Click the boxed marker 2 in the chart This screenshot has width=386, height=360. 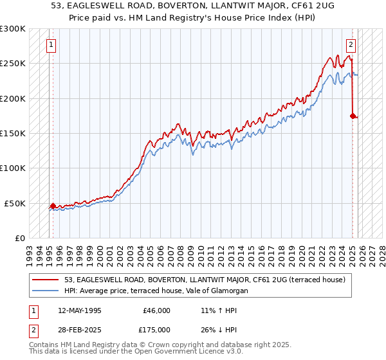351,45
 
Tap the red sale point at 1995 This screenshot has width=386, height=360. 53,206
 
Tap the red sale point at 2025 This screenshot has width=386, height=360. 353,116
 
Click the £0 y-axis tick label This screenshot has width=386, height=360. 19,238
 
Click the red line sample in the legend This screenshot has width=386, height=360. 45,280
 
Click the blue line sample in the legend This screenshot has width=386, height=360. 45,291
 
